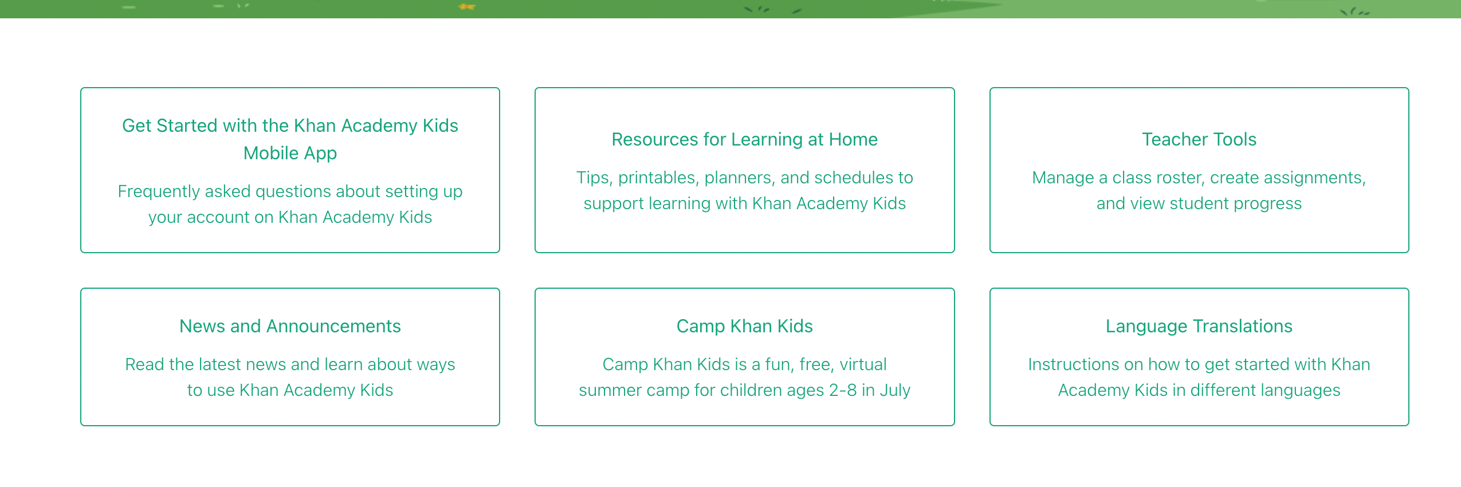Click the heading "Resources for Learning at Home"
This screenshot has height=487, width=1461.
(x=744, y=139)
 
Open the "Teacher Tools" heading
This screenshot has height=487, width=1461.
(x=1199, y=139)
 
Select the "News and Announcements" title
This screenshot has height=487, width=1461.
(x=290, y=326)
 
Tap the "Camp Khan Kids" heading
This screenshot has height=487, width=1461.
(x=744, y=327)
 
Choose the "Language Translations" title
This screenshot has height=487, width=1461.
(x=1199, y=327)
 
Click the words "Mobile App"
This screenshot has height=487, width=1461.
(x=290, y=154)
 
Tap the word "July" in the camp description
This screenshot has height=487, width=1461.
(x=895, y=391)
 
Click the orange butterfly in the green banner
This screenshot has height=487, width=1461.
(x=467, y=7)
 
